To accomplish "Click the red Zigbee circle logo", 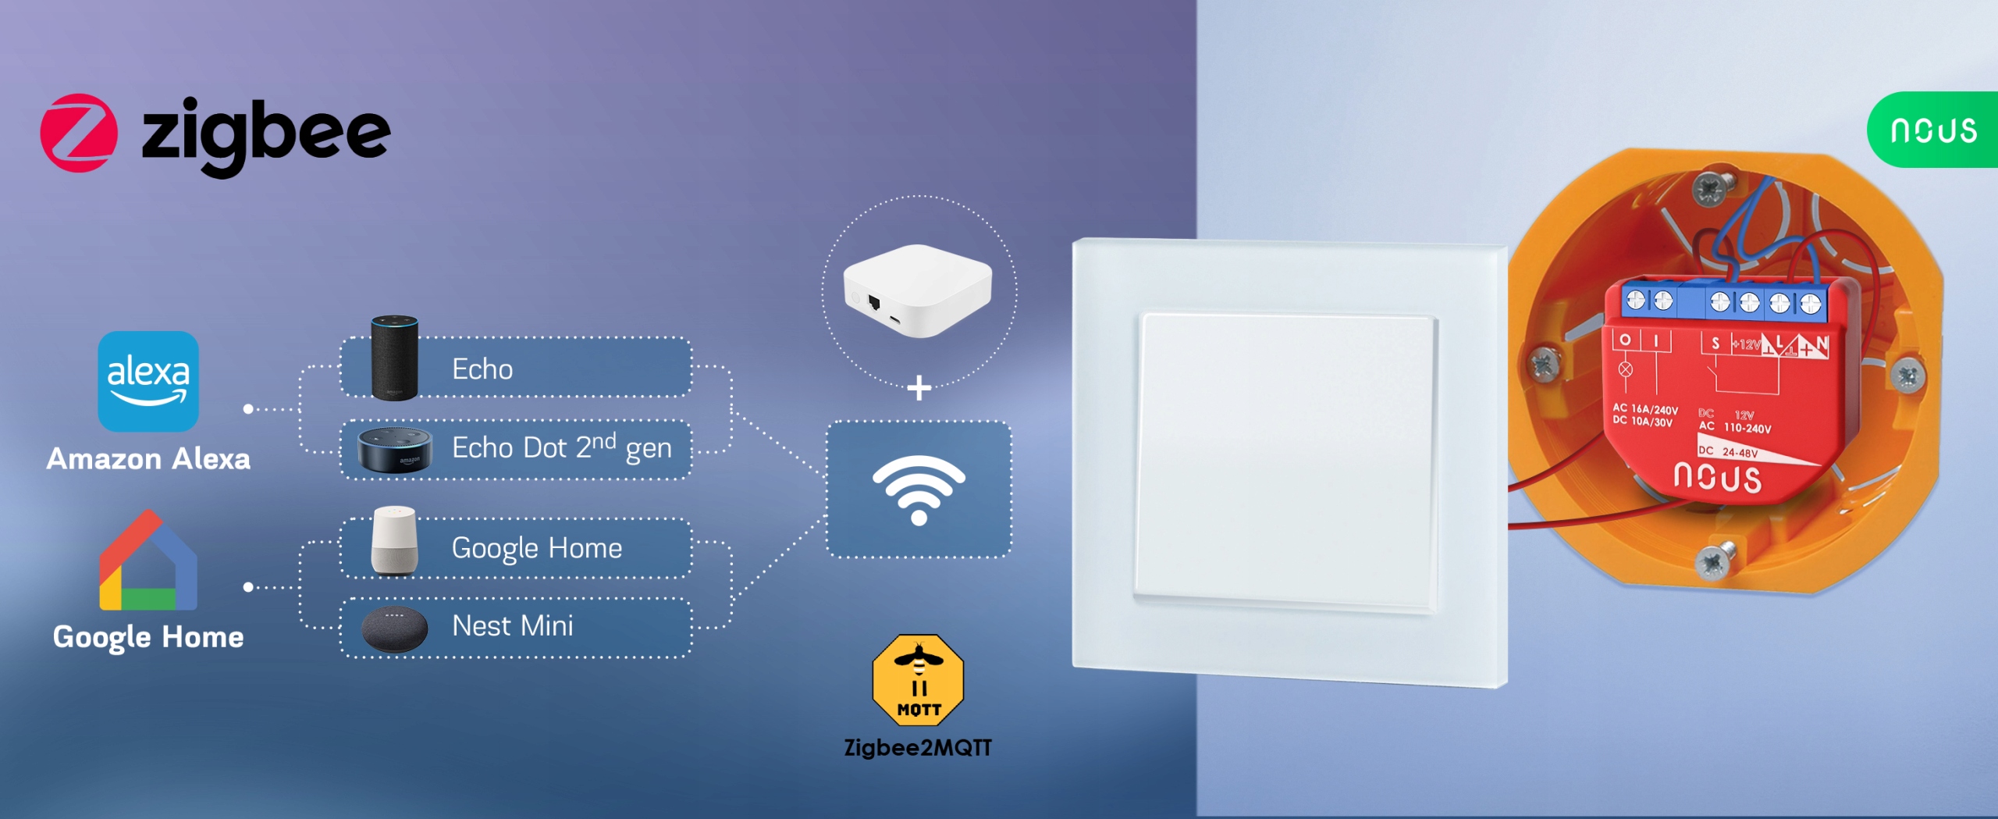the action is tap(79, 133).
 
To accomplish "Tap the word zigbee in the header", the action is tap(266, 134).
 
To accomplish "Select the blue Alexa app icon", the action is tap(148, 381).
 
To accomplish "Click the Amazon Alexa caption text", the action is tap(148, 459).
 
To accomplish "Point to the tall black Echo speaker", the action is tap(394, 358).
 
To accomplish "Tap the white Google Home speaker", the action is tap(394, 541).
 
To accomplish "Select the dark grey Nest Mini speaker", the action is tap(395, 628).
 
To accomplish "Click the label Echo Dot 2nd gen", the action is tap(561, 448).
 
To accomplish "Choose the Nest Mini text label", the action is tap(513, 626).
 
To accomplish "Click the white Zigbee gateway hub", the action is tap(918, 290).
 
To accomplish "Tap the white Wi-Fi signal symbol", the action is tap(919, 489).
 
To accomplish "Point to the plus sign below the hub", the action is tap(919, 388).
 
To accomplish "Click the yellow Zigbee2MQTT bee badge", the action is tap(918, 680).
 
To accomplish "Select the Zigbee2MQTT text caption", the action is tap(918, 748).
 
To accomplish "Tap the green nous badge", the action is tap(1933, 130).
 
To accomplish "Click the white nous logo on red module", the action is tap(1717, 478).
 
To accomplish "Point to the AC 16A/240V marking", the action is tap(1645, 409).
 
